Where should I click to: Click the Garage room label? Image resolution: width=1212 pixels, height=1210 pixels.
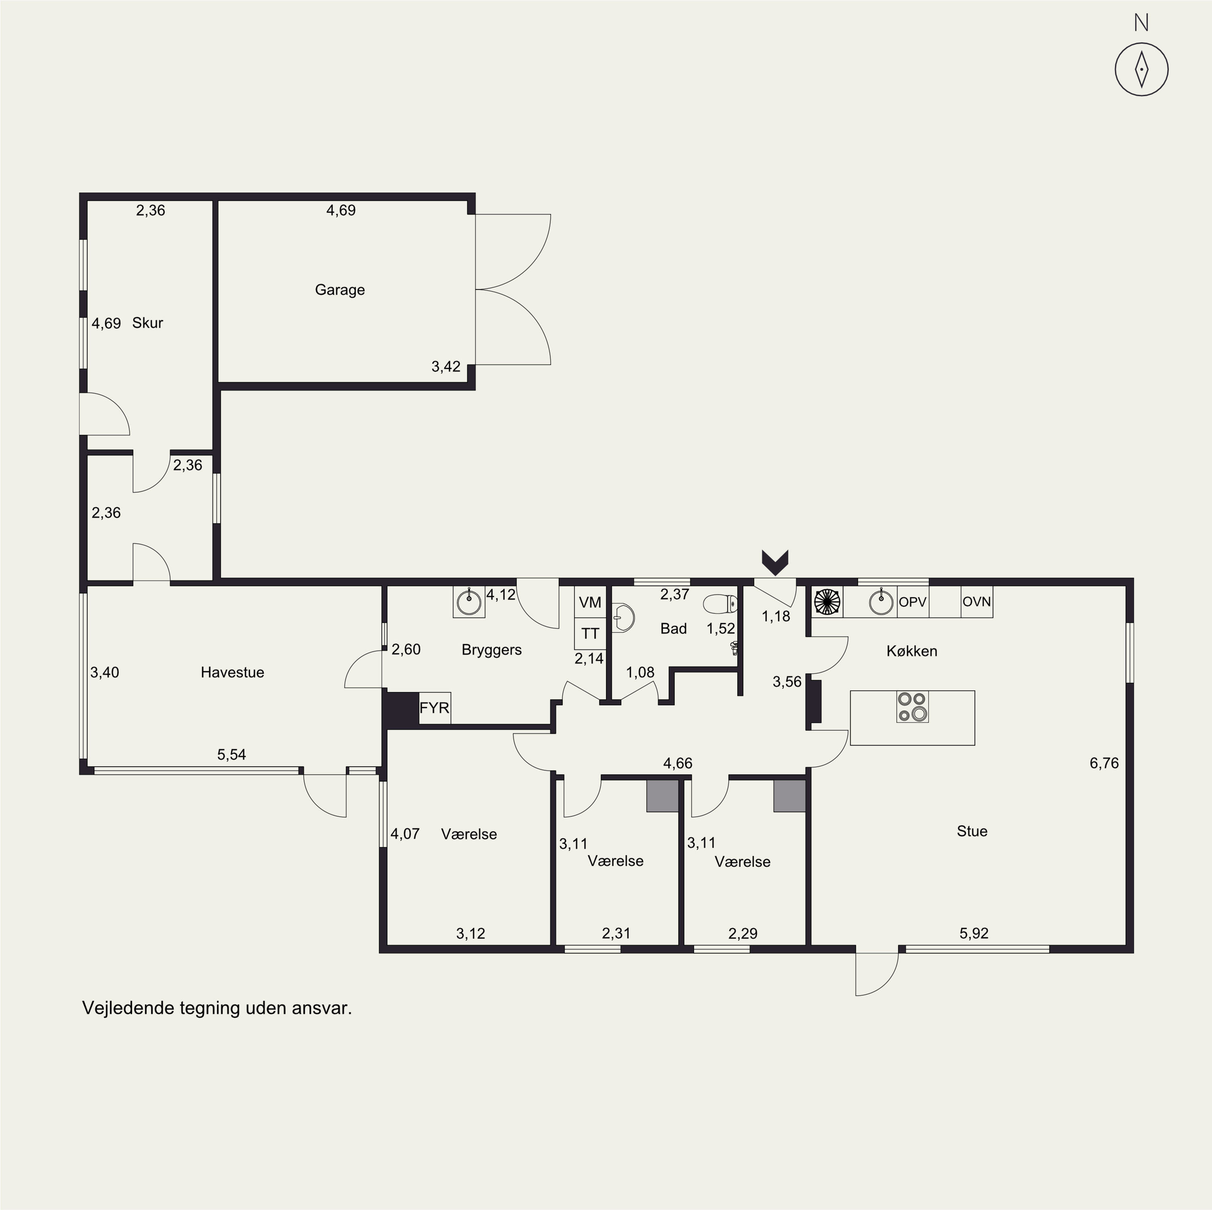tap(339, 290)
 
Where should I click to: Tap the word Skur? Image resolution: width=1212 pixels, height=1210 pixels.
tap(147, 323)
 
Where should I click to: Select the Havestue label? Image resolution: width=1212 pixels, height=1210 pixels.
tap(232, 672)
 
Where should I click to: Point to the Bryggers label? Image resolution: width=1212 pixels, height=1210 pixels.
tap(491, 650)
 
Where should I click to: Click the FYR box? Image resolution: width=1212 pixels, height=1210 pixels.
tap(434, 708)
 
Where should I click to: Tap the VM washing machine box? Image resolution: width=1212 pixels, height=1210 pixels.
tap(590, 602)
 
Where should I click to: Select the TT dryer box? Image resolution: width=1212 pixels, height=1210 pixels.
tap(590, 634)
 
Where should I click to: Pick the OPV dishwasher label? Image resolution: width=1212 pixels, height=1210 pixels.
tap(912, 602)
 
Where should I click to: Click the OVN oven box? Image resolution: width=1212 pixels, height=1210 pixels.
tap(977, 602)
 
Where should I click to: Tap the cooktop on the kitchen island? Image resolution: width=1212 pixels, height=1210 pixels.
tap(912, 707)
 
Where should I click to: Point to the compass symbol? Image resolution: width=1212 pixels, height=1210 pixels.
tap(1141, 69)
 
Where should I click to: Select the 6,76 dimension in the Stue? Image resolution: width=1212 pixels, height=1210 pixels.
tap(1104, 763)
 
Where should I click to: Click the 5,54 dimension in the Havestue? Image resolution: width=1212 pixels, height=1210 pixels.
tap(231, 754)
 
